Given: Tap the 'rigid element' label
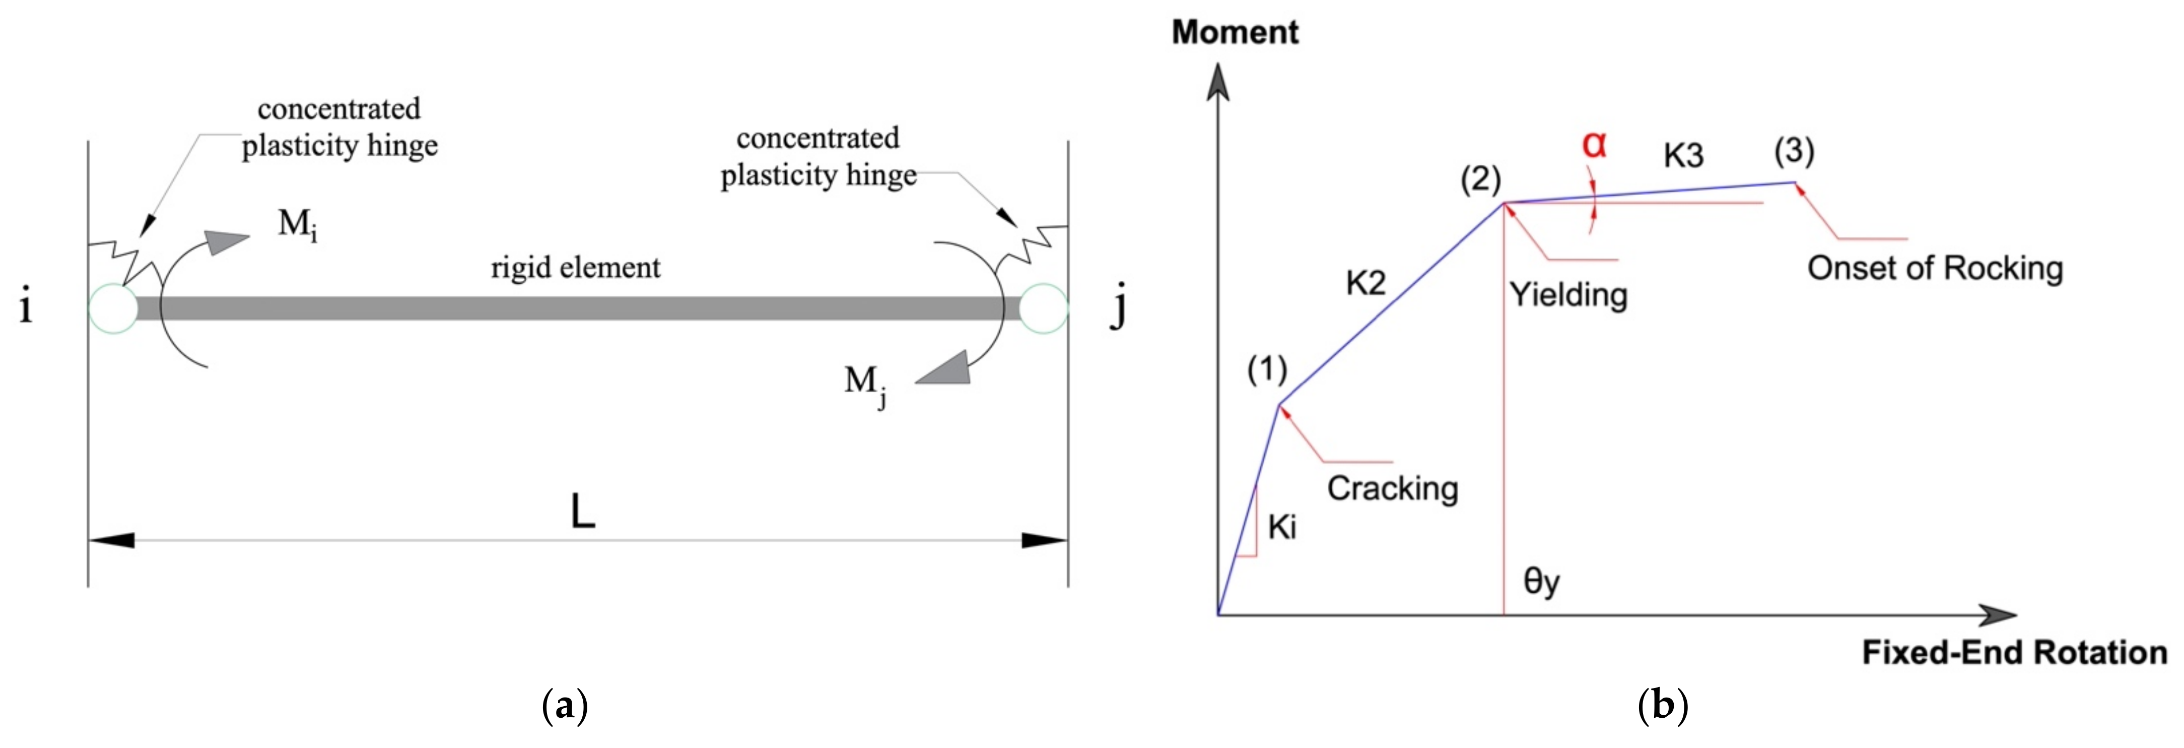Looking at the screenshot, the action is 576,268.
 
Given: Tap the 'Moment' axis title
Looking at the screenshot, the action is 1235,32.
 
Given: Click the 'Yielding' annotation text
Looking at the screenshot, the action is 1568,294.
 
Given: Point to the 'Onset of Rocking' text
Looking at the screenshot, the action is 1935,268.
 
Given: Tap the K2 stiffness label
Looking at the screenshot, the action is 1365,282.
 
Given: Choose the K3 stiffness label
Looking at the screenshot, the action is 1683,155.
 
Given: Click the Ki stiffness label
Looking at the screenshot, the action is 1282,528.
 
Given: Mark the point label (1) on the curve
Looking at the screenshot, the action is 1267,370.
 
